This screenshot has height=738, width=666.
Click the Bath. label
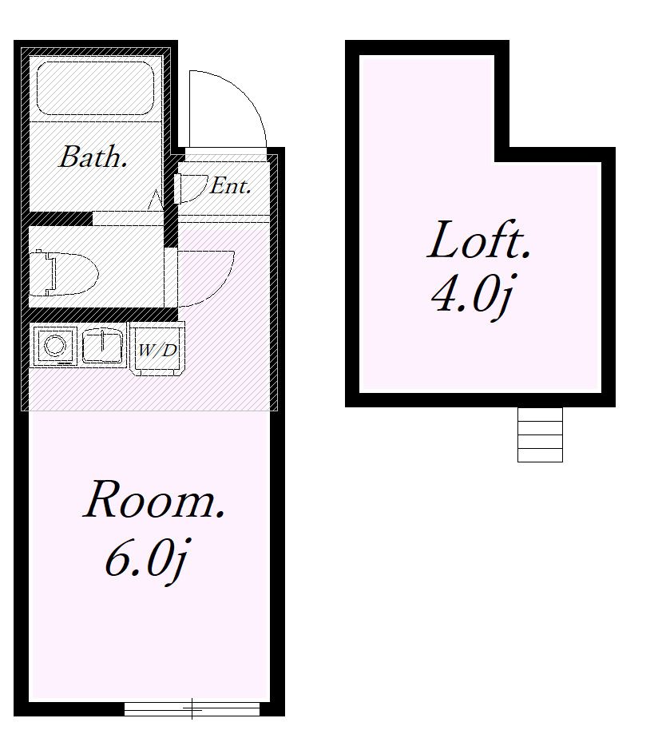coord(93,157)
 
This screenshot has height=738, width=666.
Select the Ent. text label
coord(230,185)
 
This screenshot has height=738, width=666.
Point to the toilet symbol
coord(64,274)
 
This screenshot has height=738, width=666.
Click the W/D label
coord(157,350)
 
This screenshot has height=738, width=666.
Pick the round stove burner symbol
coord(54,346)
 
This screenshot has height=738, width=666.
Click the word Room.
coord(154,499)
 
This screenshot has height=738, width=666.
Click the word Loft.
coord(479,240)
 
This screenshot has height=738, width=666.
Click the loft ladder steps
coord(540,434)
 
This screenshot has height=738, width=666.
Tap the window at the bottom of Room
coord(192,708)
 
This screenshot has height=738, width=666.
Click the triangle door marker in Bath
coord(155,200)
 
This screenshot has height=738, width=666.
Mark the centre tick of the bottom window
coord(192,708)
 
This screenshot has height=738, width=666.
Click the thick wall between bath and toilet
coord(60,218)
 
